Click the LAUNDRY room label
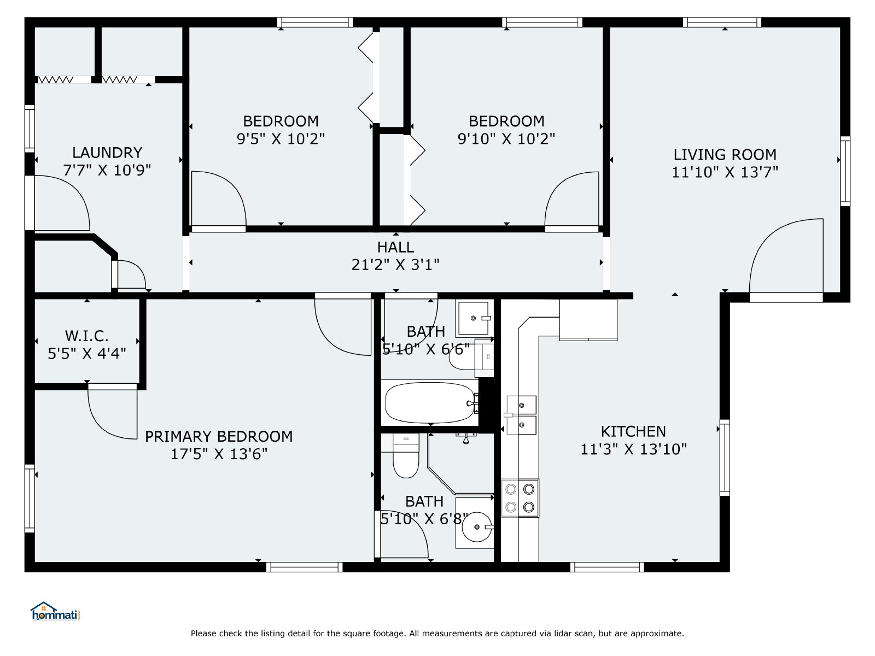click(107, 153)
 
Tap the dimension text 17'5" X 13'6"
click(218, 454)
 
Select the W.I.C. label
click(86, 336)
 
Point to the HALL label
click(395, 247)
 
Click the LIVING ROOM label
click(725, 155)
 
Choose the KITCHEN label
click(633, 431)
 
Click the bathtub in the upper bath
click(430, 403)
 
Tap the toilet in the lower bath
click(406, 456)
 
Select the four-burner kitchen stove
click(520, 498)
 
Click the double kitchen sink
click(521, 415)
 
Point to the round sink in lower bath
click(477, 527)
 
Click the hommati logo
click(56, 611)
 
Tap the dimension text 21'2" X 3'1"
click(395, 265)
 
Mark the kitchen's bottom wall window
click(607, 567)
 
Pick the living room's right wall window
click(845, 171)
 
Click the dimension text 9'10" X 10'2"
click(506, 139)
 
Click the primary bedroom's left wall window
click(30, 498)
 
